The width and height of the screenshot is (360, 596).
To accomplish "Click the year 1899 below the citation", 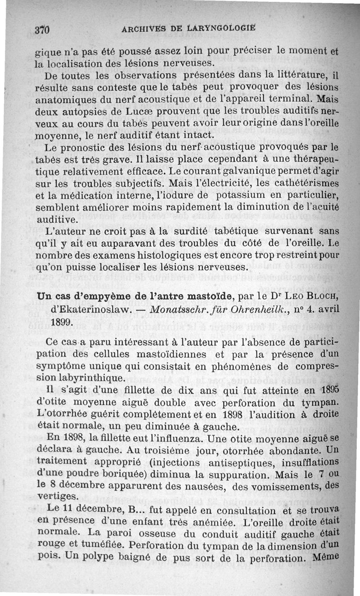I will pyautogui.click(x=61, y=323).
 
